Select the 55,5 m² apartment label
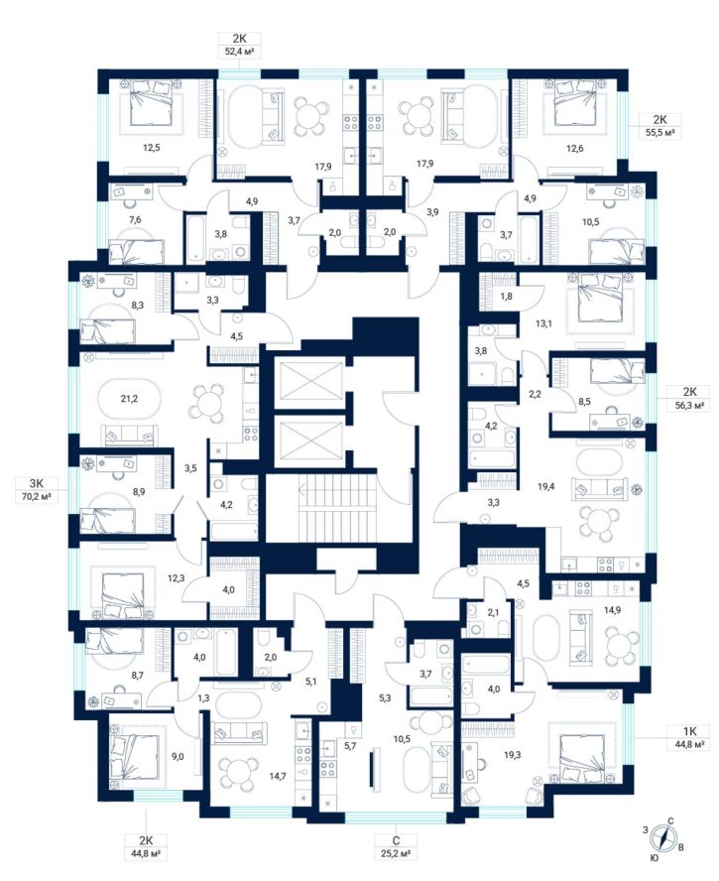pyautogui.click(x=660, y=126)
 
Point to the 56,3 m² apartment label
pyautogui.click(x=689, y=399)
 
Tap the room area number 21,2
pyautogui.click(x=129, y=399)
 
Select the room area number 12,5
pyautogui.click(x=151, y=149)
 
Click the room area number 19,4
pyautogui.click(x=545, y=486)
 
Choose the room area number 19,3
pyautogui.click(x=512, y=755)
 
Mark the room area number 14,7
pyautogui.click(x=278, y=777)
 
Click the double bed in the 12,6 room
pyautogui.click(x=574, y=103)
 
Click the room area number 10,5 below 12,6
pyautogui.click(x=590, y=222)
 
